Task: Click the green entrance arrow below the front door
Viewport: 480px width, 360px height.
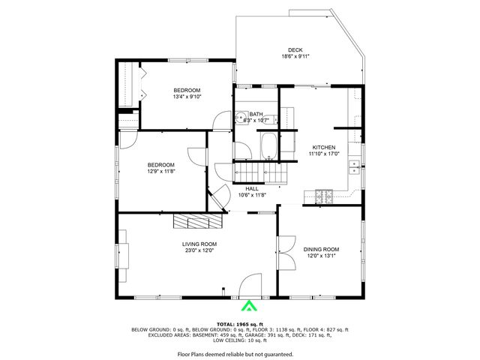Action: (x=247, y=305)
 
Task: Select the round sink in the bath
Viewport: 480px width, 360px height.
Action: (x=241, y=117)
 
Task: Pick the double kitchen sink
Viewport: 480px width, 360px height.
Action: (x=355, y=169)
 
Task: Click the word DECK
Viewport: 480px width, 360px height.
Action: (x=295, y=49)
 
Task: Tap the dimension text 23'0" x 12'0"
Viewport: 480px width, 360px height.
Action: (x=199, y=250)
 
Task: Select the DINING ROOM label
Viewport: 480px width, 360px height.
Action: (x=321, y=249)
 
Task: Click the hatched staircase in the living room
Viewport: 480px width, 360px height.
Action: (x=198, y=221)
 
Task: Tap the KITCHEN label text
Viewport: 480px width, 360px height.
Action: (x=324, y=147)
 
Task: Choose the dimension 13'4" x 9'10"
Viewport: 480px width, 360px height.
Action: (x=187, y=96)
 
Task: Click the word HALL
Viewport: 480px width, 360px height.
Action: (x=252, y=188)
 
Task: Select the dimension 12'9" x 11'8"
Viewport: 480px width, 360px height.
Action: (x=160, y=171)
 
